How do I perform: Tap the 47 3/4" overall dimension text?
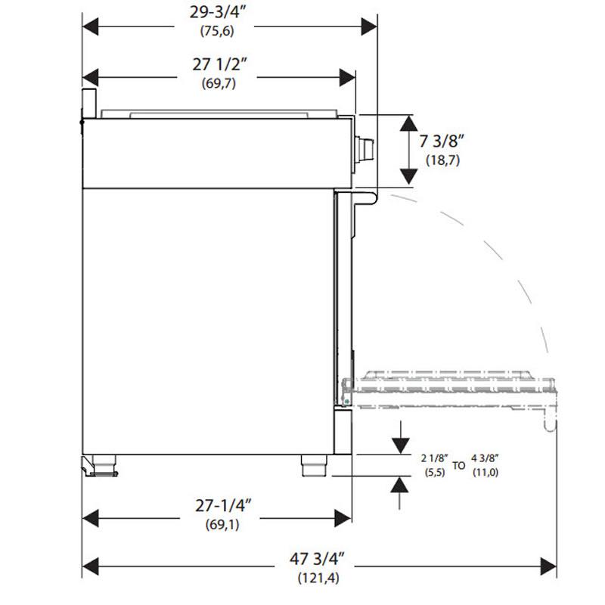click(x=317, y=561)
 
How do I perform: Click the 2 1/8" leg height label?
click(x=436, y=458)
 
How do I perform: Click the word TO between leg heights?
click(x=459, y=466)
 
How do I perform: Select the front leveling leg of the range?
click(x=312, y=465)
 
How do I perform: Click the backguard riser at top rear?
click(x=88, y=102)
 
